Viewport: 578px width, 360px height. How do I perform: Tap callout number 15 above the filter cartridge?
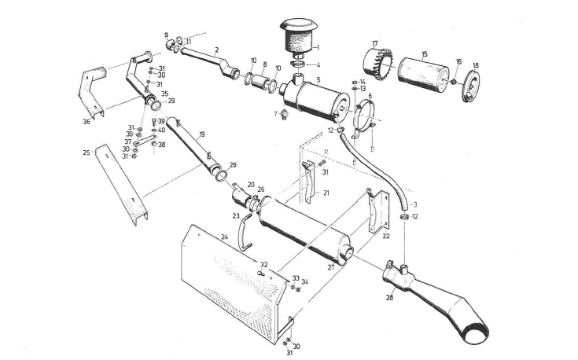coord(424,54)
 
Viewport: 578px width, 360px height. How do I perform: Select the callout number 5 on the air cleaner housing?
coord(317,79)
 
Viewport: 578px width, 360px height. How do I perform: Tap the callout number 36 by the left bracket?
coord(87,121)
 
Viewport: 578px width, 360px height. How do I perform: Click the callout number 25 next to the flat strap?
coord(86,152)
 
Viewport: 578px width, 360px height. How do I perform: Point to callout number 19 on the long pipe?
coord(202,134)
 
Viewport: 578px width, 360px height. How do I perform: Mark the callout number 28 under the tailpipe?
coord(389,298)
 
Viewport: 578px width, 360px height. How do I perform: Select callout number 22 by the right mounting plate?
coord(386,236)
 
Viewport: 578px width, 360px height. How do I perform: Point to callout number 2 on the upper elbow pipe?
coord(216,49)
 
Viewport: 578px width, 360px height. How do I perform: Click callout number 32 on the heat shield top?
coord(264,265)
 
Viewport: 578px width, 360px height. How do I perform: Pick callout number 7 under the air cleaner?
coord(275,114)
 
